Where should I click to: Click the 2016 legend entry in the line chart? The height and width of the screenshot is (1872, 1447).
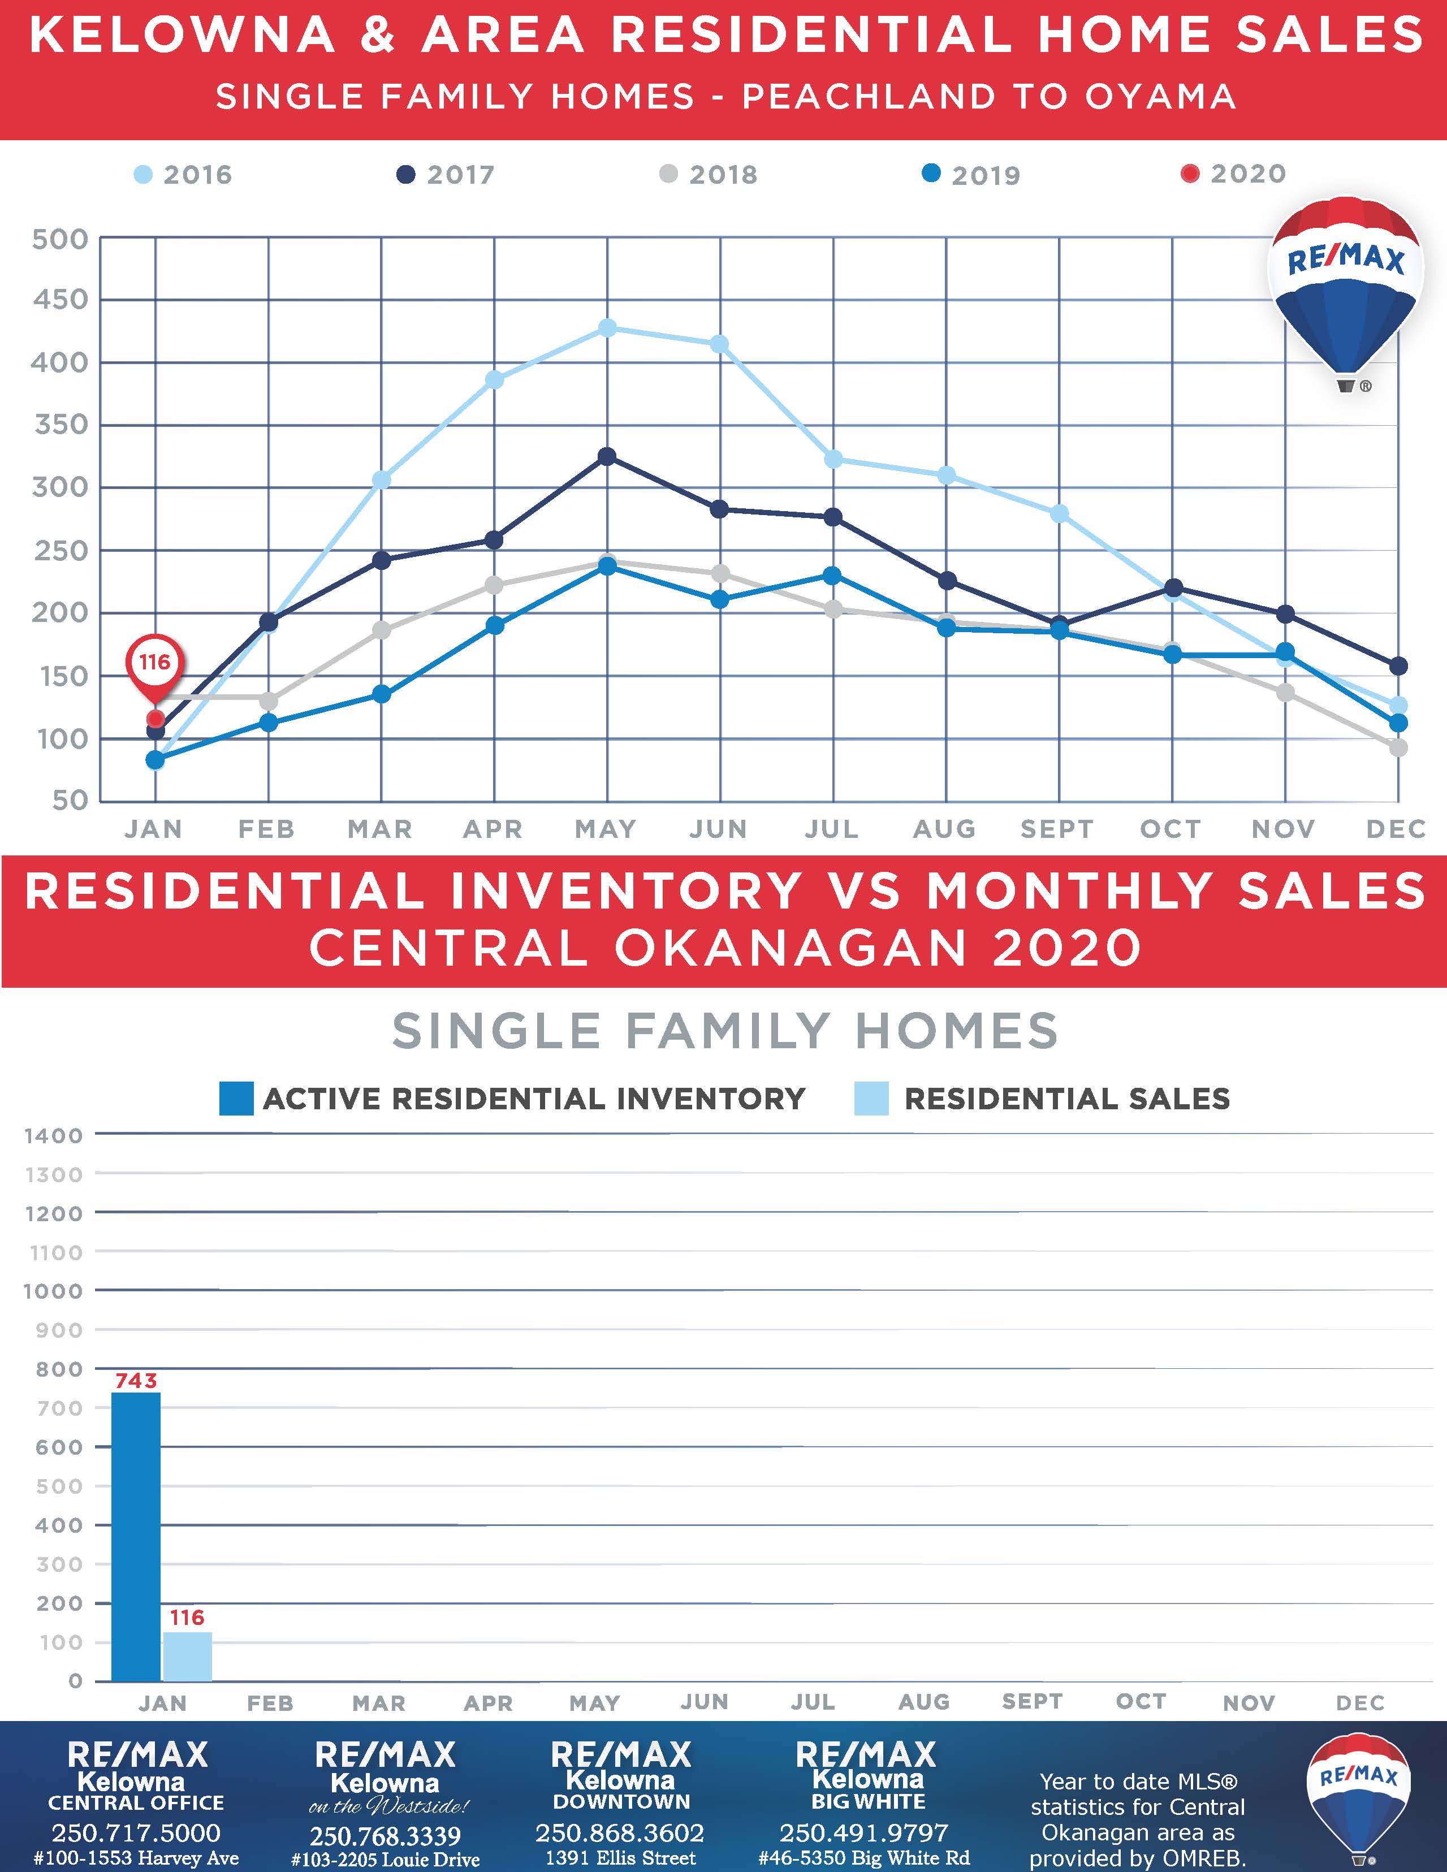[183, 175]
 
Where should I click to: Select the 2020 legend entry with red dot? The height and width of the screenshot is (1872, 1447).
[1234, 174]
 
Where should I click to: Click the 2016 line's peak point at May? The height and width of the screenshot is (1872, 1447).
[607, 328]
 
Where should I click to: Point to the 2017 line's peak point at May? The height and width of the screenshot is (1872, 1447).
[607, 457]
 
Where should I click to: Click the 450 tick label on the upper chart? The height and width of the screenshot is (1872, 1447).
[60, 300]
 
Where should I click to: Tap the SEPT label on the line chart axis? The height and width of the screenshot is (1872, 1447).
[1057, 829]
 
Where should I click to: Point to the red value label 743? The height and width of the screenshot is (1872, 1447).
[136, 1381]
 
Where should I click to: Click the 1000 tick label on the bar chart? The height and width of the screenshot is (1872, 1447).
[53, 1291]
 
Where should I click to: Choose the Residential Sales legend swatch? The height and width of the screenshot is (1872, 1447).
[871, 1099]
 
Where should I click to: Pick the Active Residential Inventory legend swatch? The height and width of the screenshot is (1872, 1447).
[236, 1099]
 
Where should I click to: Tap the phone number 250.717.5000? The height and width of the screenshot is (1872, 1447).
[136, 1832]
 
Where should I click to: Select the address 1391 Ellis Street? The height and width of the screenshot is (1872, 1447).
[621, 1857]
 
